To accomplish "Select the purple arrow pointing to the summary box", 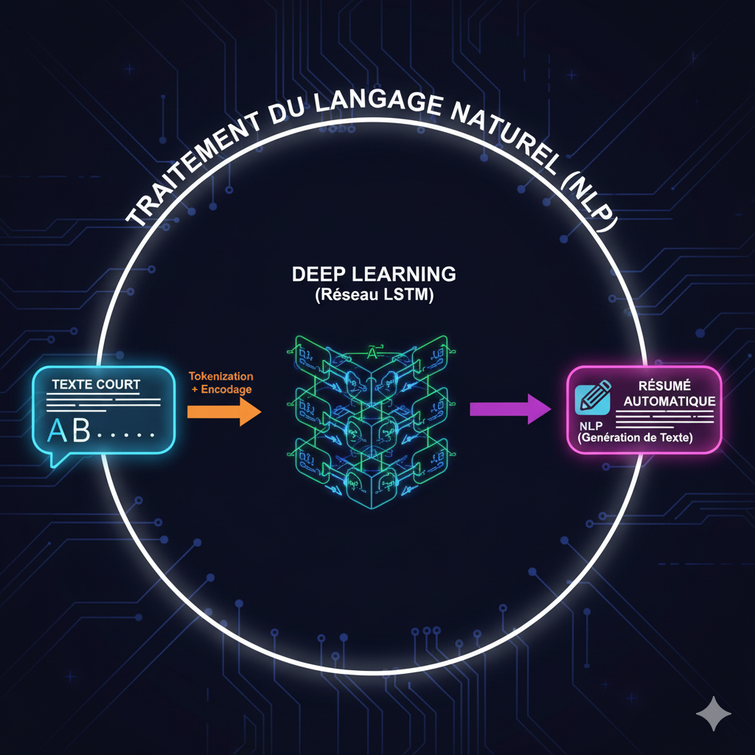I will point(509,408).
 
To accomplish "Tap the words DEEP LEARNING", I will point(374,274).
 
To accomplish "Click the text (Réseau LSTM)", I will point(374,296).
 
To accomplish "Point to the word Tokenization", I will point(221,376).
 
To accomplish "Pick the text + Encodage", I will point(221,389).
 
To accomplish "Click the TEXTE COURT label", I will point(96,385).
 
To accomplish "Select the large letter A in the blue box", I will point(58,431).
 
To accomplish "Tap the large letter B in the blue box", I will point(80,431).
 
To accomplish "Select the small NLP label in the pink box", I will point(590,425).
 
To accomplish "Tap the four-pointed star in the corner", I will point(714,714).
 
